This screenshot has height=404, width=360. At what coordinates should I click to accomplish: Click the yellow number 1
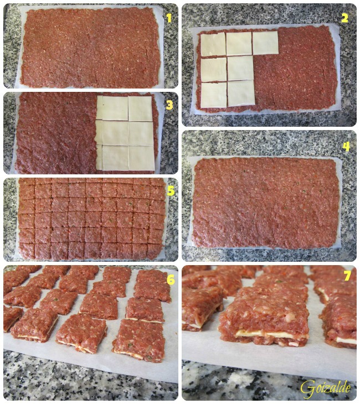(169, 18)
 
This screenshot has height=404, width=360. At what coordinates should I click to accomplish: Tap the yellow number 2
(344, 18)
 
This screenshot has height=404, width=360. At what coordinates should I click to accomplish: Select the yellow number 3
(169, 105)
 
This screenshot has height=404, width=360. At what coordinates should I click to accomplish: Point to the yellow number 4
(346, 147)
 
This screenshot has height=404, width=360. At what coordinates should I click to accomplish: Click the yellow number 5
(171, 191)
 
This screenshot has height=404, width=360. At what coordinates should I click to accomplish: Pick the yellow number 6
(171, 280)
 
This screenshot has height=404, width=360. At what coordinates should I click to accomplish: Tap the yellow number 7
(347, 276)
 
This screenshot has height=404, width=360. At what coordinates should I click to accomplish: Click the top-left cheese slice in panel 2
(213, 44)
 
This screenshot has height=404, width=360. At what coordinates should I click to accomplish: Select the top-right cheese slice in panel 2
(266, 43)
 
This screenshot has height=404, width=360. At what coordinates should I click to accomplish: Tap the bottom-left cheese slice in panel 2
(214, 95)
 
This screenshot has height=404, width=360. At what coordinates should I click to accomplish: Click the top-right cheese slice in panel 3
(140, 108)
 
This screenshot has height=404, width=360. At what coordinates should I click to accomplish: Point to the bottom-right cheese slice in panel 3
(142, 158)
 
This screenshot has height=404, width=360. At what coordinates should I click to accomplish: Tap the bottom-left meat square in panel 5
(27, 251)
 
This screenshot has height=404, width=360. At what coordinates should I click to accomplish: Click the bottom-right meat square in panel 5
(155, 251)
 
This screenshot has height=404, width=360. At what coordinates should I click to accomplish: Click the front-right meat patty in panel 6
(139, 340)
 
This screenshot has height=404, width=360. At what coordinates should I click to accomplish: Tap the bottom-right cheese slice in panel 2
(241, 94)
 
